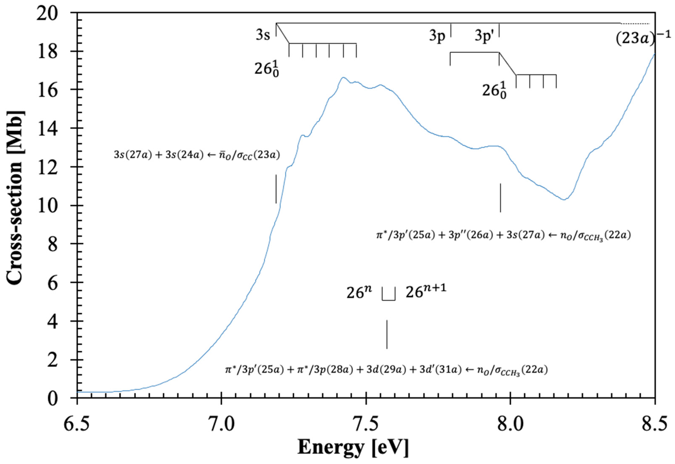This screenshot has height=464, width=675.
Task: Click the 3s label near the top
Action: click(x=263, y=35)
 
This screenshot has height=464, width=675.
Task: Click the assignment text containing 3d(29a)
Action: click(x=386, y=370)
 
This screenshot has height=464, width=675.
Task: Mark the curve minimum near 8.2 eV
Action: click(x=564, y=199)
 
